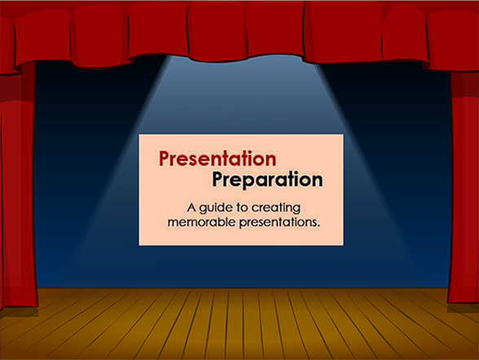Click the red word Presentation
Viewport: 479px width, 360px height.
[x=218, y=159]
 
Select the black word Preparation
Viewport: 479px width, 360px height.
[x=267, y=179]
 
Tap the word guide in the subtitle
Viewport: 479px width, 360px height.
[x=216, y=209]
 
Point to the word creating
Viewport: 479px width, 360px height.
[x=276, y=209]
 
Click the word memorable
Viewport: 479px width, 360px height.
[x=202, y=222]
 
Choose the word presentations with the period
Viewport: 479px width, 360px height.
[x=279, y=223]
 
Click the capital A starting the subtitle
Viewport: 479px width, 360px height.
[x=191, y=208]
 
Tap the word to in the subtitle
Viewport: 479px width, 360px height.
[x=242, y=208]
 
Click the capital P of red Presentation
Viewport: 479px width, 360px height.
[x=165, y=159]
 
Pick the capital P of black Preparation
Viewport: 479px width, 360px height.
[x=218, y=179]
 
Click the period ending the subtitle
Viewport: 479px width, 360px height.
[x=319, y=226]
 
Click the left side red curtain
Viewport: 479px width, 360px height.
[x=18, y=189]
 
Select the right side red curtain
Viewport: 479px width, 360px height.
[x=464, y=189]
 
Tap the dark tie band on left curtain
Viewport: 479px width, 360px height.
[x=17, y=88]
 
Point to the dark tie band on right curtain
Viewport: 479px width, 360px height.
[x=465, y=85]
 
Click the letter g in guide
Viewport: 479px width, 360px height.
[x=204, y=209]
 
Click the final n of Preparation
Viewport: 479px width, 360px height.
[x=318, y=181]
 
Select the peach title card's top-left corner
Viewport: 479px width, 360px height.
[x=139, y=134]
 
